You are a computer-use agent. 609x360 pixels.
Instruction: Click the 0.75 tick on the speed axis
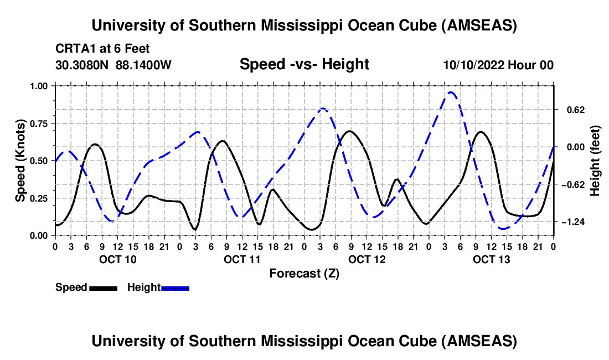click(40, 123)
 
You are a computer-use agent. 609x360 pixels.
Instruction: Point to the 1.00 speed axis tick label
click(40, 86)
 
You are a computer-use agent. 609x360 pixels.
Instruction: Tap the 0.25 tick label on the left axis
click(40, 198)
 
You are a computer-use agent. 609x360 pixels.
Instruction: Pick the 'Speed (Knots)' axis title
click(20, 161)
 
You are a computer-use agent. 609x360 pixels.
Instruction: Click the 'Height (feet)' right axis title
click(595, 161)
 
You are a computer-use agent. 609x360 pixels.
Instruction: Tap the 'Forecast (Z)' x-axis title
click(304, 273)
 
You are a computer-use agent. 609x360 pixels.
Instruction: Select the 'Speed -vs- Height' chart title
click(304, 64)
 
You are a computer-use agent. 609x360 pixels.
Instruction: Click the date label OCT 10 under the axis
click(117, 259)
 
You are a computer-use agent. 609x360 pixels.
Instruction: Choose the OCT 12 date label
click(367, 259)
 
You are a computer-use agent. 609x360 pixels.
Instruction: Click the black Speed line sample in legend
click(103, 288)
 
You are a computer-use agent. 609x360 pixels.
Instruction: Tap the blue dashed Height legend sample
click(175, 288)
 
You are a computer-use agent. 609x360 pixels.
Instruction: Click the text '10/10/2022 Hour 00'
click(498, 65)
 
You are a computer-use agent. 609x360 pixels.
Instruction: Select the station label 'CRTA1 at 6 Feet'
click(102, 49)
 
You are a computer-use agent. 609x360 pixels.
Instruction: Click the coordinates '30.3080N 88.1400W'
click(113, 65)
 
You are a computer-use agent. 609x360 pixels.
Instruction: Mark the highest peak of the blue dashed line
click(451, 92)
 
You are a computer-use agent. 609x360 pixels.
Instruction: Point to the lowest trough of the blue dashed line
click(503, 229)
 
